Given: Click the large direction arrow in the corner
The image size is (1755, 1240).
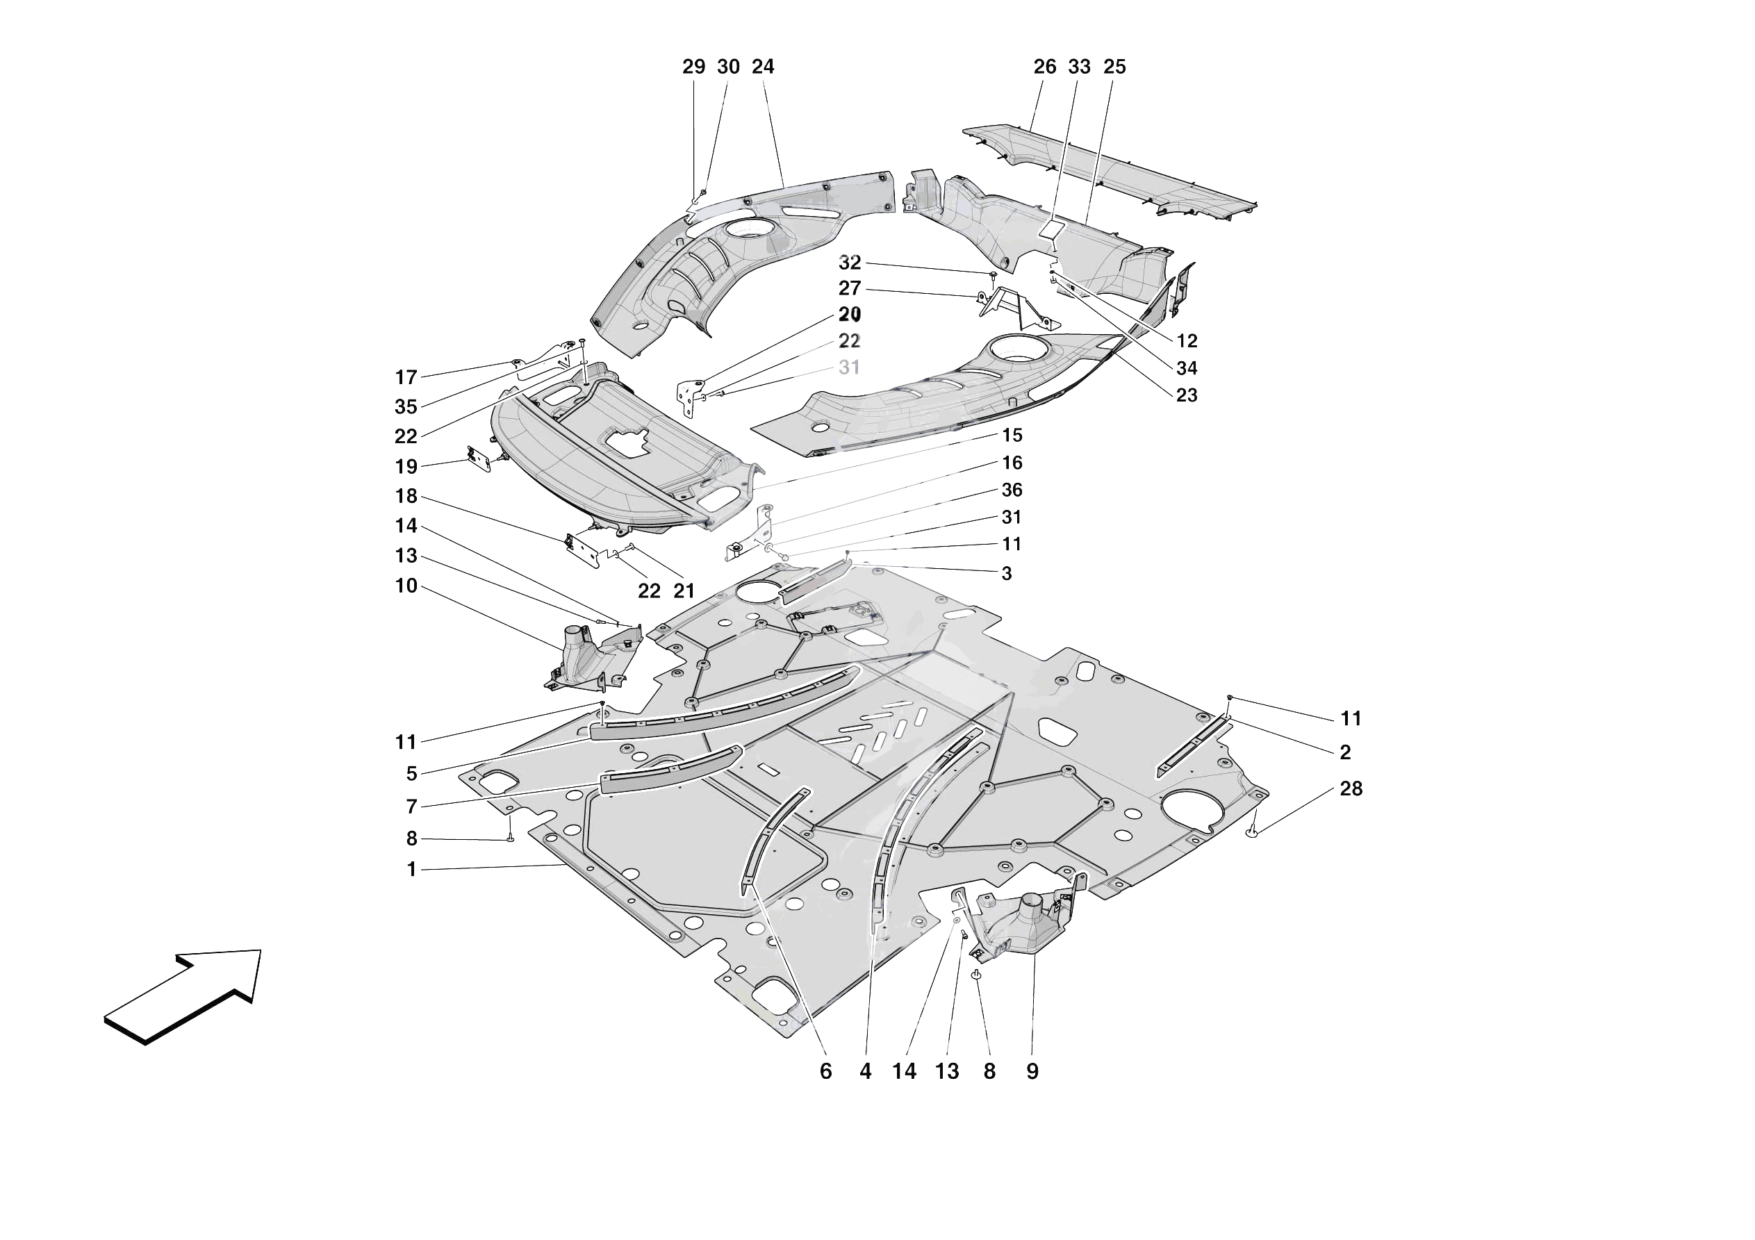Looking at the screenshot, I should click(x=183, y=994).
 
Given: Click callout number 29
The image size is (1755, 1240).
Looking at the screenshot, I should click(x=693, y=67).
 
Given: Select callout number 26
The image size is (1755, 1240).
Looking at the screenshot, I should click(x=1044, y=67).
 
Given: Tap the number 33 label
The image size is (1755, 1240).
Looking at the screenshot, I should click(x=1078, y=67).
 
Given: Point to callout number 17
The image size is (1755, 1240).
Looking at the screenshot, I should click(x=406, y=377).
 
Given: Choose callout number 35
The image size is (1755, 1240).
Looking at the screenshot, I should click(x=406, y=406).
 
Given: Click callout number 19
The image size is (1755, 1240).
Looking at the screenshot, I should click(x=406, y=466).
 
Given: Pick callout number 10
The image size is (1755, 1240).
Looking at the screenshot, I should click(x=406, y=586).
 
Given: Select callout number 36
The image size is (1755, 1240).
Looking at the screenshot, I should click(x=1012, y=489).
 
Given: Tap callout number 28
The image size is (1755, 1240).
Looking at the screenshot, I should click(x=1351, y=788).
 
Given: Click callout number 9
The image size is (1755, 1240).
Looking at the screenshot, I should click(x=1032, y=1071).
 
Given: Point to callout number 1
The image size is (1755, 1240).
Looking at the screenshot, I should click(x=411, y=869).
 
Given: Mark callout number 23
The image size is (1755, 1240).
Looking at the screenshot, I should click(x=1186, y=395).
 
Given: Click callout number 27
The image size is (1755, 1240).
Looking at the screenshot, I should click(x=849, y=288).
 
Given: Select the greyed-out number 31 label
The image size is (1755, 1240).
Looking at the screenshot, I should click(x=849, y=367).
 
